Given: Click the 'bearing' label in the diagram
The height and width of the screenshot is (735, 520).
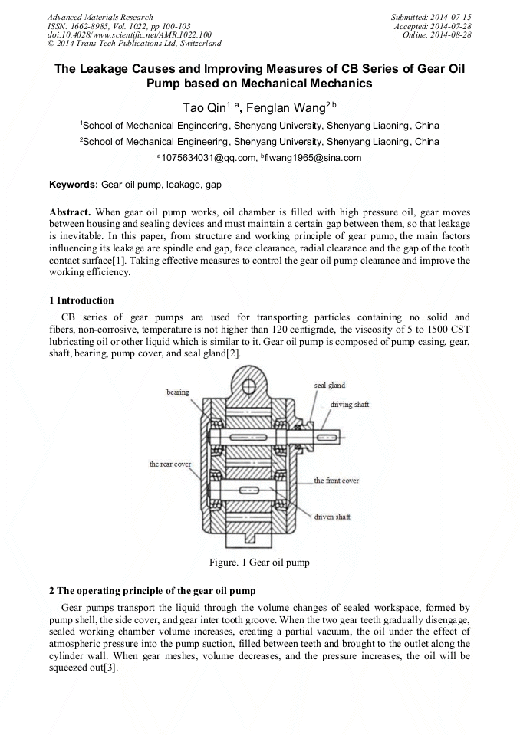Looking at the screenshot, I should (177, 392).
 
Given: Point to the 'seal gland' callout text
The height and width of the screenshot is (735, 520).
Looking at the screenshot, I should (329, 384).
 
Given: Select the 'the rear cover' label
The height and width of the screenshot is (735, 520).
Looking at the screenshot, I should (169, 464).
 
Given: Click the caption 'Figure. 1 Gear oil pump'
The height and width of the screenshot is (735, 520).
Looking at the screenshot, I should (259, 563).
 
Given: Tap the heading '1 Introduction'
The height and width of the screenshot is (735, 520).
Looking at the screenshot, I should (81, 300).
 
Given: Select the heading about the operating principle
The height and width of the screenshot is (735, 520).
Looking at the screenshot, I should (152, 591).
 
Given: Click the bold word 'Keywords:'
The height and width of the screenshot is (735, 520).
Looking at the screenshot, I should (74, 185).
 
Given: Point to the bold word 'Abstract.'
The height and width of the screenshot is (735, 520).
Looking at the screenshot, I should (71, 211).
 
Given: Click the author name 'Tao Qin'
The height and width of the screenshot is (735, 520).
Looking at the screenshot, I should (202, 109).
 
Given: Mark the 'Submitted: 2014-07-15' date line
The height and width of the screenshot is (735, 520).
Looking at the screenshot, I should (432, 17).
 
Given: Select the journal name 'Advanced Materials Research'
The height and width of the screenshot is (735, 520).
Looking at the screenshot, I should (100, 17).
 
